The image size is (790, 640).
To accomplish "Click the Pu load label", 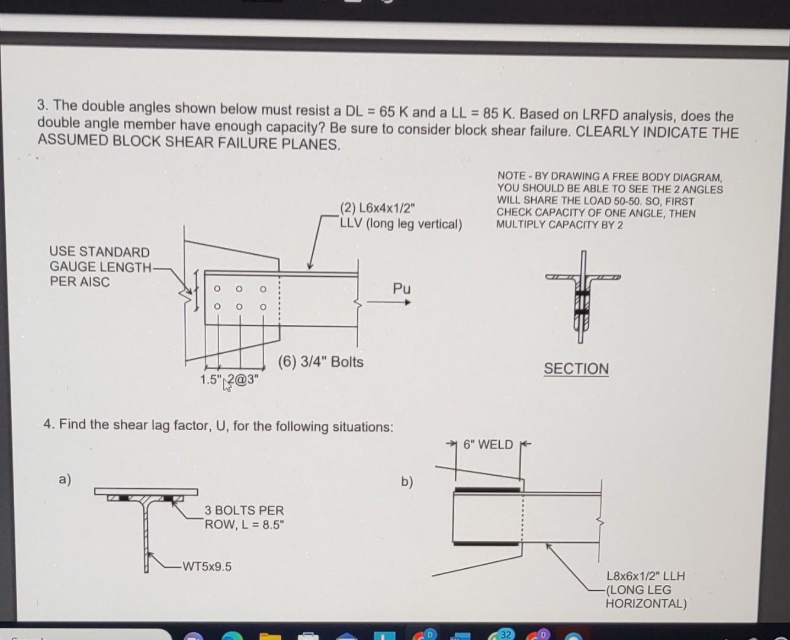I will [402, 289].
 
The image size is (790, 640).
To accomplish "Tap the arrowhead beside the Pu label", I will [407, 302].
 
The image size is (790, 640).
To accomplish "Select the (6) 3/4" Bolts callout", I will [321, 361].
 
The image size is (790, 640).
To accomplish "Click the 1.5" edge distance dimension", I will [210, 379].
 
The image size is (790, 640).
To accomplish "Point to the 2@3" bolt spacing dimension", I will [245, 379].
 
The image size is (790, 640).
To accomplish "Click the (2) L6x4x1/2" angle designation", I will [377, 208].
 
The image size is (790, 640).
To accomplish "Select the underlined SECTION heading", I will [576, 369].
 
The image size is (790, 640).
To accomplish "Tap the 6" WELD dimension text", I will [488, 444].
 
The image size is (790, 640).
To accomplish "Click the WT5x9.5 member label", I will [207, 567].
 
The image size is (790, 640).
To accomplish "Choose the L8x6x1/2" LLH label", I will [645, 575].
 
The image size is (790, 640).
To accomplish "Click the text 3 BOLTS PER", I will [244, 510].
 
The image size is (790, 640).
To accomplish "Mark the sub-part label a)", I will [65, 479].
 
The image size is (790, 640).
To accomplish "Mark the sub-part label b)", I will [407, 481].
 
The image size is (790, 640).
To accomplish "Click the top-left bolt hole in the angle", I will [217, 289].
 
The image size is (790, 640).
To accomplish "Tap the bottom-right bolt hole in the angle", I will [263, 307].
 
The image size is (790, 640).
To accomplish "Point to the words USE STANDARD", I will [99, 252].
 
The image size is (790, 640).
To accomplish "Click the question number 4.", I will [47, 424].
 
